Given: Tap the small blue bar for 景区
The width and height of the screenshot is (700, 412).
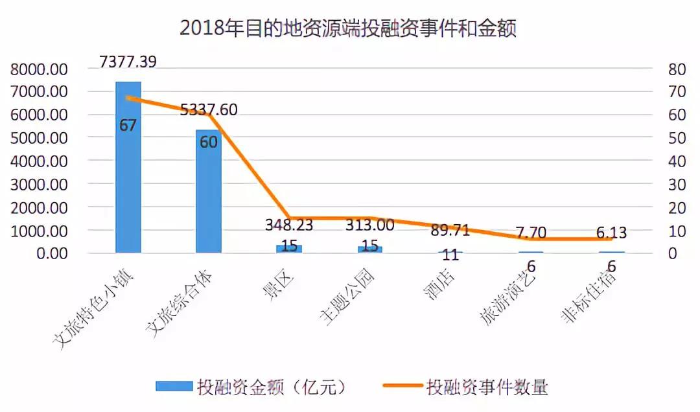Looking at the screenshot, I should (288, 249).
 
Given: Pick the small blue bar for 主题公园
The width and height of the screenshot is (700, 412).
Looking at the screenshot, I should (370, 249).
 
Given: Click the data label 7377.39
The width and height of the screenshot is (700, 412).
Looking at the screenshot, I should (128, 62).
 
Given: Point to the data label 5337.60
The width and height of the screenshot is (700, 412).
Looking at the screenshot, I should (208, 109).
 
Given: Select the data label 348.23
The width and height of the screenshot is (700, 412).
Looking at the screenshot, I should (289, 225).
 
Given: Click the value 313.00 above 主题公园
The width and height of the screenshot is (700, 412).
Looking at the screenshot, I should (370, 225).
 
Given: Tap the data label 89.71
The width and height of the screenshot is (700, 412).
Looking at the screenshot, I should (450, 229).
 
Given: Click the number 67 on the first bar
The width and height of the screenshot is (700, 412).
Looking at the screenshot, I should (128, 125).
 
